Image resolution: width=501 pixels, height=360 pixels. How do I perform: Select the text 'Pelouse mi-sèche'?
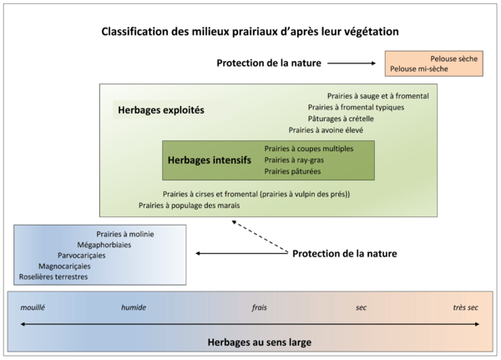point(419,69)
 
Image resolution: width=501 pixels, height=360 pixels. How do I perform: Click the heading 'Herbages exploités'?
point(161,109)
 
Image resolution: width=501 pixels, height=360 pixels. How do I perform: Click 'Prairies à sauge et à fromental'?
point(378,96)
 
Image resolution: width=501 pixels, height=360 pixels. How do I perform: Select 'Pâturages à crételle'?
point(341,119)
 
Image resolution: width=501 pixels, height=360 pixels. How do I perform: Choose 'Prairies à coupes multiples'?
point(309,148)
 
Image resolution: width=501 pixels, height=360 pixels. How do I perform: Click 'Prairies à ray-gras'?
point(293,160)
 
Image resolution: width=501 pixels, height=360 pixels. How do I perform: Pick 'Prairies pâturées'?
point(292,171)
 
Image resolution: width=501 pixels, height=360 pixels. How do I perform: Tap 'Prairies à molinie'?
point(125,235)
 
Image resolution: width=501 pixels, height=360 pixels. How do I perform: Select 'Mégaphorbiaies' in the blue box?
point(104,245)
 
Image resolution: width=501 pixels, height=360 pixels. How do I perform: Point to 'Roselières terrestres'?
point(53,276)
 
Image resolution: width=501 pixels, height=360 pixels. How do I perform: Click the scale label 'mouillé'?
point(33,307)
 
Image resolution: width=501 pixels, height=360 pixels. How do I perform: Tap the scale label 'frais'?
point(259,307)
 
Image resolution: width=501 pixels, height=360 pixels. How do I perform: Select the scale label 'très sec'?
point(466,307)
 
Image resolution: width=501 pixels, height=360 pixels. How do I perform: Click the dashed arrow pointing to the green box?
point(259,237)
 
